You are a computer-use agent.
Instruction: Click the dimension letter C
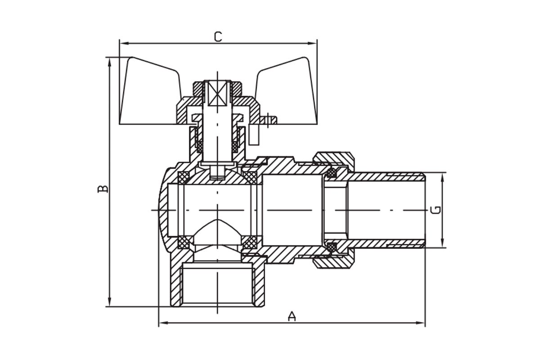(x=218, y=36)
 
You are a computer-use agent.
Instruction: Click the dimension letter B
(x=103, y=188)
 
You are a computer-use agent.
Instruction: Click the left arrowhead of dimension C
(x=123, y=44)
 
